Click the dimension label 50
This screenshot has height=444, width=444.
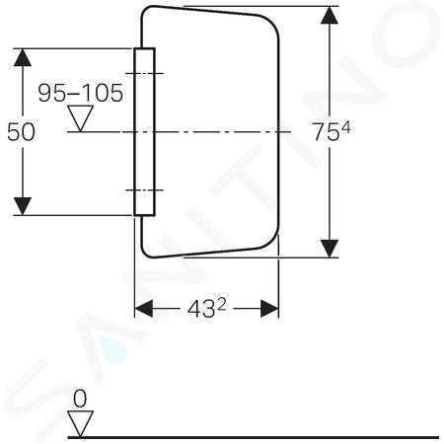point(21,132)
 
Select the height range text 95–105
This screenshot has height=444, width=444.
point(81,93)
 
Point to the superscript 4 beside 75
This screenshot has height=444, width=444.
point(345,127)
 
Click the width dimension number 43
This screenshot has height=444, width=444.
point(201,310)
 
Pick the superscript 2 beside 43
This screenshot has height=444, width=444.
point(222,306)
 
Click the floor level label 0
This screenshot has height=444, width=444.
point(80,399)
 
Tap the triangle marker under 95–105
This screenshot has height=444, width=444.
point(80,118)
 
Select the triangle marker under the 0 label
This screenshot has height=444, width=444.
point(80,424)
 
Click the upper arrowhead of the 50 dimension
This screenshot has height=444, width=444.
point(23,57)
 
